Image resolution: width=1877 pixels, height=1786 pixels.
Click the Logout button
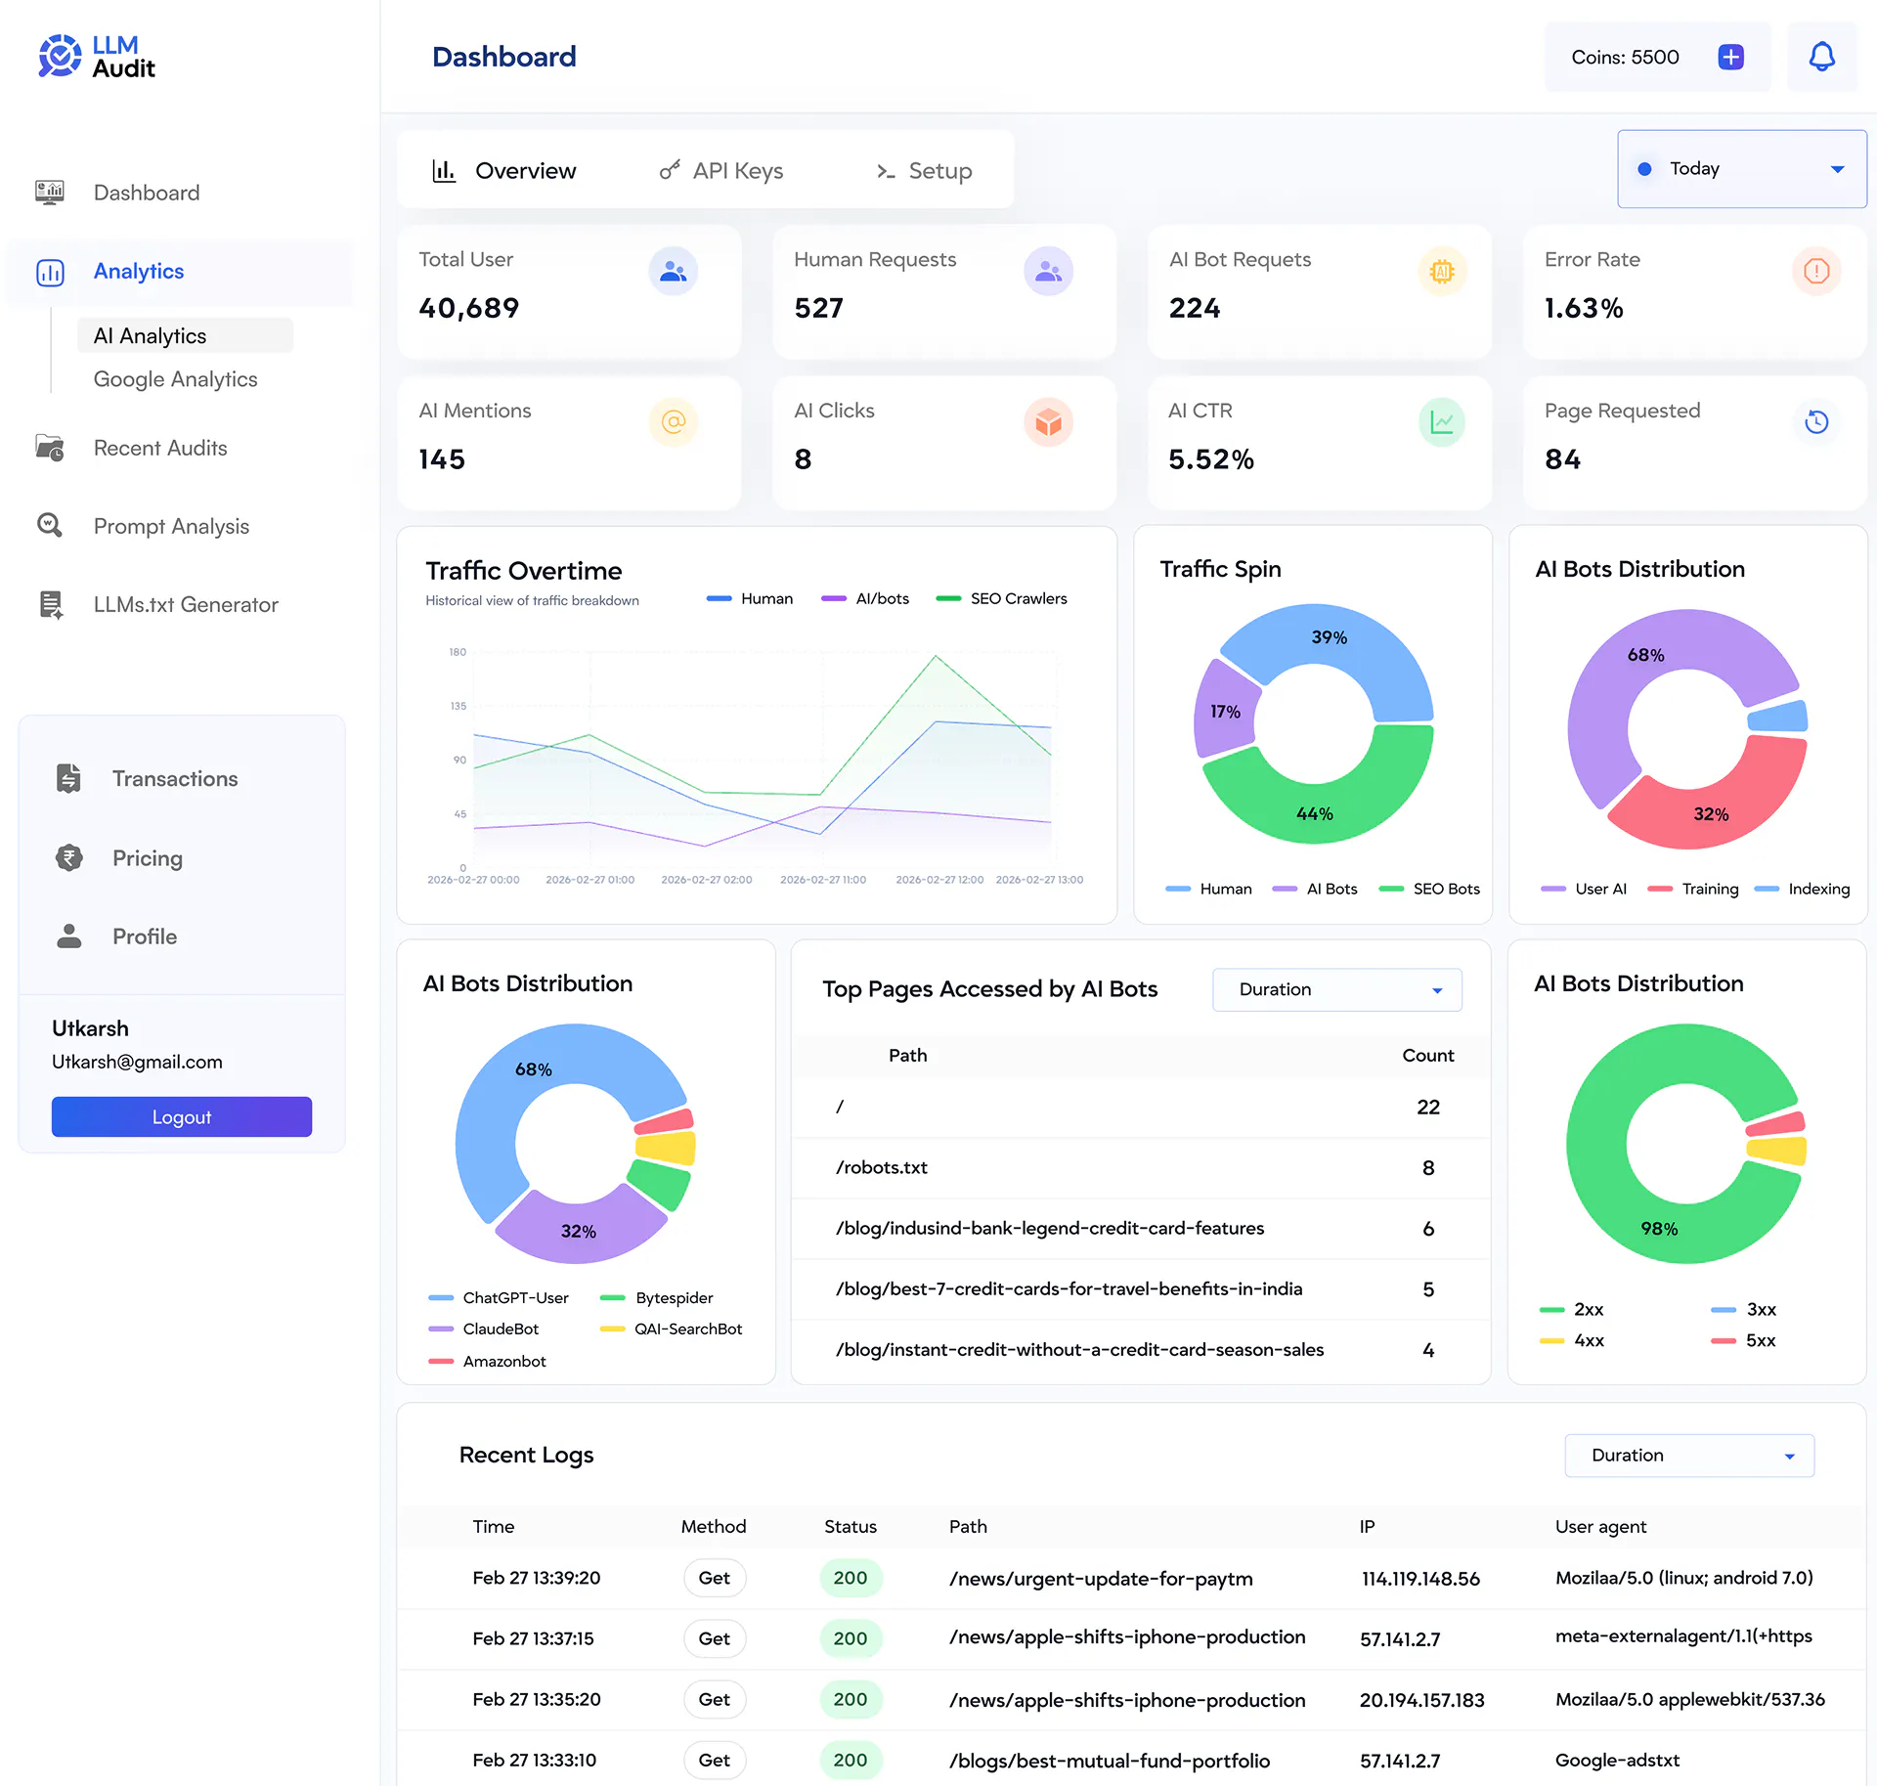pos(182,1116)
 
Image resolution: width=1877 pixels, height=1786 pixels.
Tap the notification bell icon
pos(1821,57)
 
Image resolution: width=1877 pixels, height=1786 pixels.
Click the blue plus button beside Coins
pos(1730,57)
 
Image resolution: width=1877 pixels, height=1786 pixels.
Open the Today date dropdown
pos(1741,169)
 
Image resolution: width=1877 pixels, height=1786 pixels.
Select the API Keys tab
pos(721,171)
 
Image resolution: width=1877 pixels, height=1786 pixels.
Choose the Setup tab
pos(924,171)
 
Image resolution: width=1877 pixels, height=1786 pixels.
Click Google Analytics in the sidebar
pos(176,379)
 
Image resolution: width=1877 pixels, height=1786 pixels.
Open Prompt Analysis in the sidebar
pos(171,526)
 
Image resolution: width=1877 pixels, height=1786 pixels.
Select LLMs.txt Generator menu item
pos(186,604)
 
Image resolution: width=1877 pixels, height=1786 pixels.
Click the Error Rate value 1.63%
pos(1584,308)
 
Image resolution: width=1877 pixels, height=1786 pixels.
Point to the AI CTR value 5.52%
pos(1211,459)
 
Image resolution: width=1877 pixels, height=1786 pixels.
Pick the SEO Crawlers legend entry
pos(1001,598)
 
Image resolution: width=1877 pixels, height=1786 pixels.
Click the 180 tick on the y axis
pos(458,652)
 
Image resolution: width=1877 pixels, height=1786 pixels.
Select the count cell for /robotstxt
pos(1428,1167)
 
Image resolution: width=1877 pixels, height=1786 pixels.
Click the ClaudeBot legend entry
pos(484,1329)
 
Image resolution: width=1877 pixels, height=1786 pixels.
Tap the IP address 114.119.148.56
pos(1420,1579)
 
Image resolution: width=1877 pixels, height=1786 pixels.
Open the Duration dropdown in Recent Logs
pos(1689,1456)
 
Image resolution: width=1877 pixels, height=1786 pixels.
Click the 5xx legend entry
pos(1743,1340)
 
